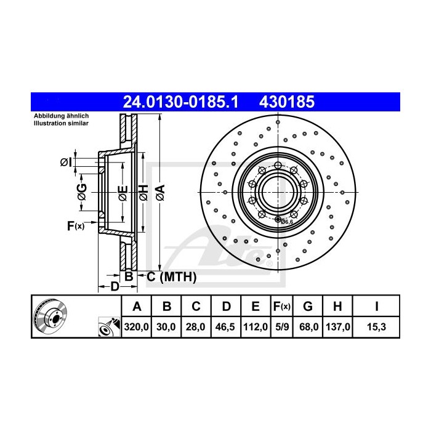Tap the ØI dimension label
(66, 163)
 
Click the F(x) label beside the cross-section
(75, 227)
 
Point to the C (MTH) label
(171, 278)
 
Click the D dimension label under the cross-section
(113, 286)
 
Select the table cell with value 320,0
(137, 328)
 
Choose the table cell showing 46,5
(226, 328)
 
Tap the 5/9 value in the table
(281, 328)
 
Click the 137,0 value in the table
(337, 328)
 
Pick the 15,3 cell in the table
(376, 328)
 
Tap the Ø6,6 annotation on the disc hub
(288, 222)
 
